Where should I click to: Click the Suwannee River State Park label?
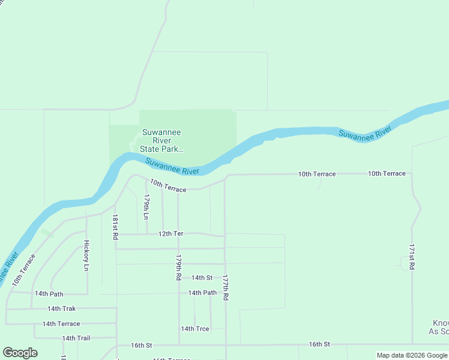click(161, 141)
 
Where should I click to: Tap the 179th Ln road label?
click(146, 205)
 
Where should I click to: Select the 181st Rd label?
click(115, 228)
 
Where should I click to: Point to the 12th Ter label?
click(170, 233)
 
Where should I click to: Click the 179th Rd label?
click(178, 268)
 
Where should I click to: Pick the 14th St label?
click(202, 278)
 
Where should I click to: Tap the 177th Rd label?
click(225, 288)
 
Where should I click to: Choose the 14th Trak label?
click(62, 308)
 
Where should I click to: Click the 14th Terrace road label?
click(61, 324)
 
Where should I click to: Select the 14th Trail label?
click(76, 338)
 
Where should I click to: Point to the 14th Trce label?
click(195, 329)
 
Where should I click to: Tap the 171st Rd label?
click(412, 257)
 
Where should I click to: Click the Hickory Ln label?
click(86, 255)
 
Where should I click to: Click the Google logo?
click(20, 353)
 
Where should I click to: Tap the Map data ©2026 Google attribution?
click(412, 355)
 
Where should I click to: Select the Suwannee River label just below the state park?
click(172, 166)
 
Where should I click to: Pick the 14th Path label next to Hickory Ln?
click(49, 293)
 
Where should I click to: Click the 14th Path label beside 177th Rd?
click(202, 293)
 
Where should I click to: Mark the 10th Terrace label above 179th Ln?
click(168, 185)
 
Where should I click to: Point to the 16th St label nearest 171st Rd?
click(320, 344)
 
